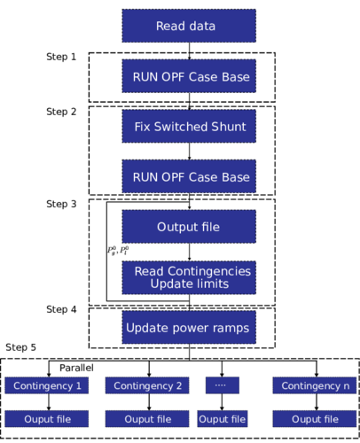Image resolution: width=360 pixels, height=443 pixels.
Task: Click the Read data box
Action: [x=189, y=27]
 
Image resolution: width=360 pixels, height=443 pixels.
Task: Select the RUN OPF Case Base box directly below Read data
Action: [x=189, y=76]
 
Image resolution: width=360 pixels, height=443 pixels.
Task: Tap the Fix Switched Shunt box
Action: [x=189, y=127]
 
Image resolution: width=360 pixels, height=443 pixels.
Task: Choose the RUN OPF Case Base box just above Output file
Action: [x=189, y=177]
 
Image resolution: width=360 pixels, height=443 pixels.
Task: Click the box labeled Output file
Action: [x=189, y=227]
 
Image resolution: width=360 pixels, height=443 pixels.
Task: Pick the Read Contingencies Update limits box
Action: [x=189, y=277]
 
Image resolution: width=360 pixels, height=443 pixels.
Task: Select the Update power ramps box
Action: [x=189, y=328]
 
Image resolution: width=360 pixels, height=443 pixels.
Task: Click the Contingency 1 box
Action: [x=47, y=385]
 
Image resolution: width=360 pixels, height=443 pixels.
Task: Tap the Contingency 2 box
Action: [x=147, y=385]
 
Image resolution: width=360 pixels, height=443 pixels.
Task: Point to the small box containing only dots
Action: [x=223, y=385]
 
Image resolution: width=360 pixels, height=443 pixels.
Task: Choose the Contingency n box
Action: [x=314, y=385]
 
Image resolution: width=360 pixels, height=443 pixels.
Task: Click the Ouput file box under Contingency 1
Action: [x=47, y=419]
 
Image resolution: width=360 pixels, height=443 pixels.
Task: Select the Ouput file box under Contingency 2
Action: [x=147, y=419]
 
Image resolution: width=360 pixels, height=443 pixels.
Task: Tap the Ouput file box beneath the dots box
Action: [x=223, y=419]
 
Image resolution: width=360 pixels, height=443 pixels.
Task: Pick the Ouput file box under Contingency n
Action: [x=314, y=419]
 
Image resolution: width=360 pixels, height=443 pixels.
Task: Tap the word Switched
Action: [x=178, y=127]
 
